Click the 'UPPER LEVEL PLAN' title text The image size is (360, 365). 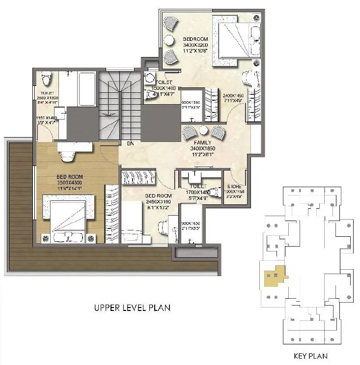[132, 308]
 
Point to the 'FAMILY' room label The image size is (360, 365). [202, 142]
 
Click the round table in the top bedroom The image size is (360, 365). [168, 40]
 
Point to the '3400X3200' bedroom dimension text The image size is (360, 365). [195, 45]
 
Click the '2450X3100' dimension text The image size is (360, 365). [158, 201]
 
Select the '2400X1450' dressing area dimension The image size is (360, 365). [233, 95]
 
